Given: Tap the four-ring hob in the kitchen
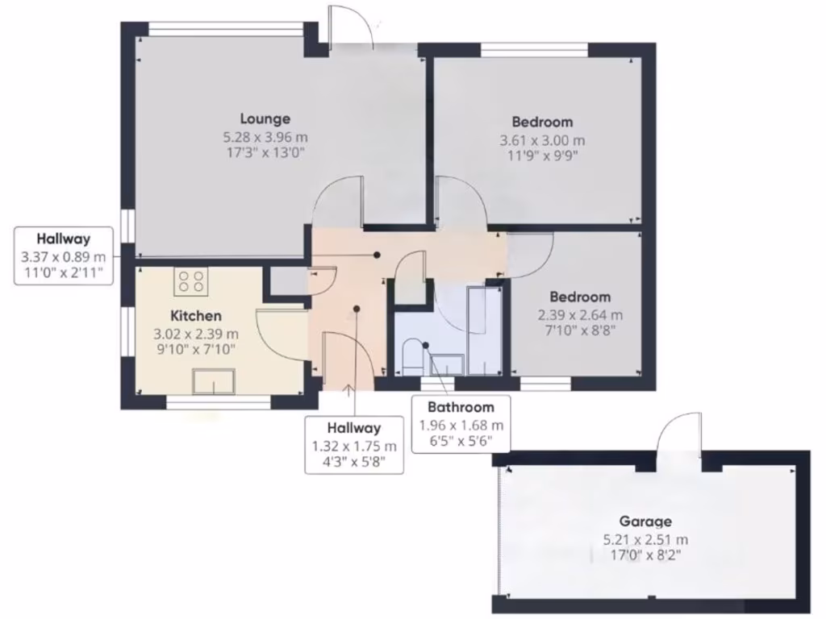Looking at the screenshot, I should (x=191, y=281).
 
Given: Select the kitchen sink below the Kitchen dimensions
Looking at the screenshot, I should (x=213, y=380).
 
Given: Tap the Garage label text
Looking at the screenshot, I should (x=645, y=521).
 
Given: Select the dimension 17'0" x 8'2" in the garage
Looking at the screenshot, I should (x=645, y=555).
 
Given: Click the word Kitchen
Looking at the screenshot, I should (x=196, y=315).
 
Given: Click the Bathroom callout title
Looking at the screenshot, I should (x=461, y=407).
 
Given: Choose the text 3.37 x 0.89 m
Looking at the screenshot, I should (x=64, y=256).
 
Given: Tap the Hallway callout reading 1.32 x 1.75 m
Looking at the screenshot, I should (x=354, y=446).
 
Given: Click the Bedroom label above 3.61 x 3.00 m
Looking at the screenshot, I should (x=542, y=122).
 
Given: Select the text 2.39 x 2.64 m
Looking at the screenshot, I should (x=580, y=315).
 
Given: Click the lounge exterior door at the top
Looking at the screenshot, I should (x=350, y=29).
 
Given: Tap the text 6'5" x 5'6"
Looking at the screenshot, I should (x=461, y=441).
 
